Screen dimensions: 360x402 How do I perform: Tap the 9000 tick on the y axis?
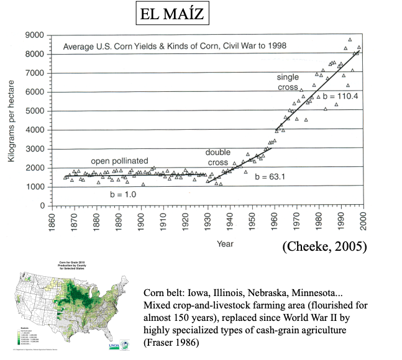pyautogui.click(x=38, y=35)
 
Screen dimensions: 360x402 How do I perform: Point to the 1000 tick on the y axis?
pyautogui.click(x=38, y=187)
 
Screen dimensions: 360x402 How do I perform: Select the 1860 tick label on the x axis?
pyautogui.click(x=51, y=221)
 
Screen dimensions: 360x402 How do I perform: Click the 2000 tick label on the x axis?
pyautogui.click(x=361, y=221)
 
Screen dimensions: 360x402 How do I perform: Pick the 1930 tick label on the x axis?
pyautogui.click(x=206, y=221)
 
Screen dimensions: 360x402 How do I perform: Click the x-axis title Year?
pyautogui.click(x=225, y=244)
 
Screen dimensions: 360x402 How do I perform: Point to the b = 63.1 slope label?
pyautogui.click(x=269, y=177)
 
